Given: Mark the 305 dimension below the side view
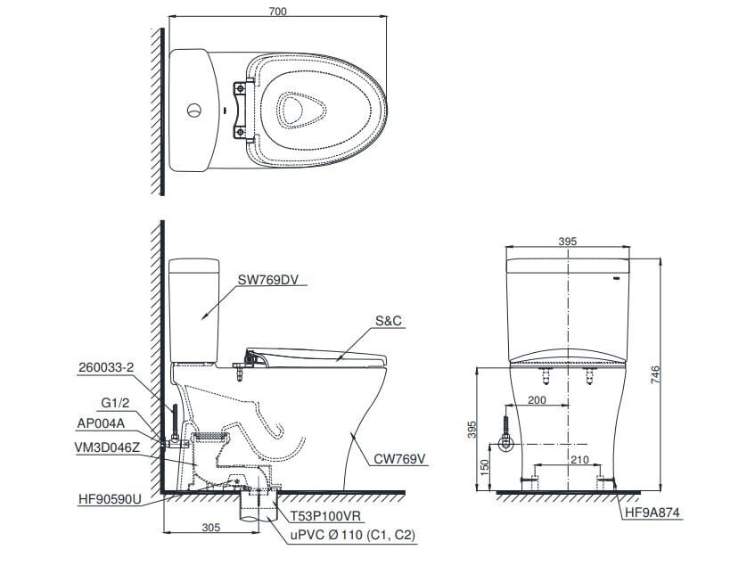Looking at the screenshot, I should (209, 528).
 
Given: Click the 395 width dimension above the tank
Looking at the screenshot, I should (569, 242).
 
